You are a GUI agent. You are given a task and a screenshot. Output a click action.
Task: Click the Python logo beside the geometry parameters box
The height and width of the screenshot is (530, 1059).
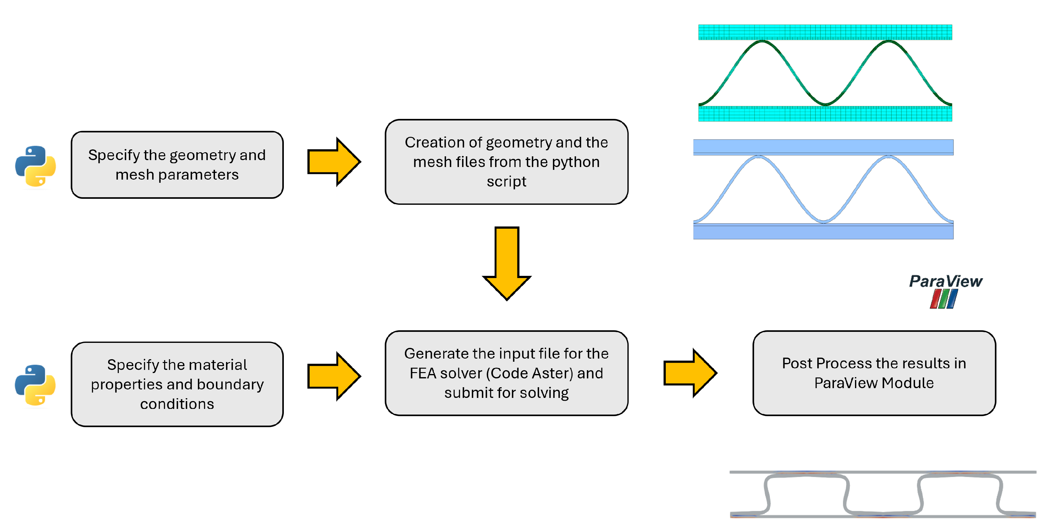[x=35, y=166]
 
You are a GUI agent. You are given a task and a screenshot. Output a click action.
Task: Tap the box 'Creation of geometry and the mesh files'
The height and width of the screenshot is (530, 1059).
[x=506, y=162]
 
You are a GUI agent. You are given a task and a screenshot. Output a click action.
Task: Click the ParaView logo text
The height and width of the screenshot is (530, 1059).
[x=945, y=282]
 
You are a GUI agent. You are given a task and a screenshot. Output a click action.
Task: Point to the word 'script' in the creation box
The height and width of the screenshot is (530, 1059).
[x=506, y=181]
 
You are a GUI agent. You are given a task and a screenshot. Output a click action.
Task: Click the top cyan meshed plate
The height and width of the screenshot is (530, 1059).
[x=825, y=32]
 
